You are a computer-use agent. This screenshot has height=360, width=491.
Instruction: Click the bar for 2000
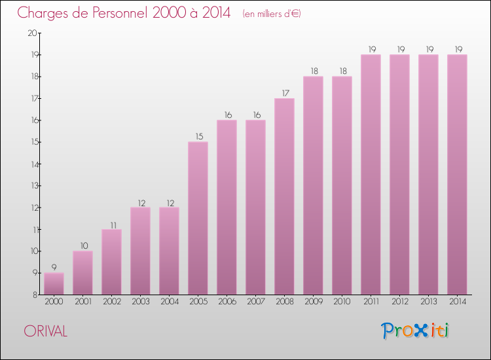(54, 283)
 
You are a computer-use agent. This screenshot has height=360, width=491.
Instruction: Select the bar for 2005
(198, 218)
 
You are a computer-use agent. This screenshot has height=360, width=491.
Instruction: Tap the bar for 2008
(284, 196)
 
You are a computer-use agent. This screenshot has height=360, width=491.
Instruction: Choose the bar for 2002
(111, 262)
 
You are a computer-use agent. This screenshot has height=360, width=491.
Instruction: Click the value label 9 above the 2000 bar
(54, 267)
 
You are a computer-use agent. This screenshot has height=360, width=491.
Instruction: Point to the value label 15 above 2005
(198, 136)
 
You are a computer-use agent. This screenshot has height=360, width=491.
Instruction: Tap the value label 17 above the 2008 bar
(284, 92)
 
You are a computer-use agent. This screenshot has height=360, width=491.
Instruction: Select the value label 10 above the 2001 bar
(82, 245)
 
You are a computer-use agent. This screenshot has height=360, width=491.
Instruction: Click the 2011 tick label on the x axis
(371, 302)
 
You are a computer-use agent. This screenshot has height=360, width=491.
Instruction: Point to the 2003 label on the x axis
(140, 302)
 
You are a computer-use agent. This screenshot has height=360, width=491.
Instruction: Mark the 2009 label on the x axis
(313, 302)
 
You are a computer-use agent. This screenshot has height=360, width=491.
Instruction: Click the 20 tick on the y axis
(32, 33)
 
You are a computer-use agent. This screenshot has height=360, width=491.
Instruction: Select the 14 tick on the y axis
(32, 164)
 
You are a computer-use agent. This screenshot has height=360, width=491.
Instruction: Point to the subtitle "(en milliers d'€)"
(271, 13)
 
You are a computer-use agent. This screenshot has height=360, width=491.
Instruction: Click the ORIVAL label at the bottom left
(45, 331)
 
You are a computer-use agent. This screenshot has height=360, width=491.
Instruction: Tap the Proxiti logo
(416, 331)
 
